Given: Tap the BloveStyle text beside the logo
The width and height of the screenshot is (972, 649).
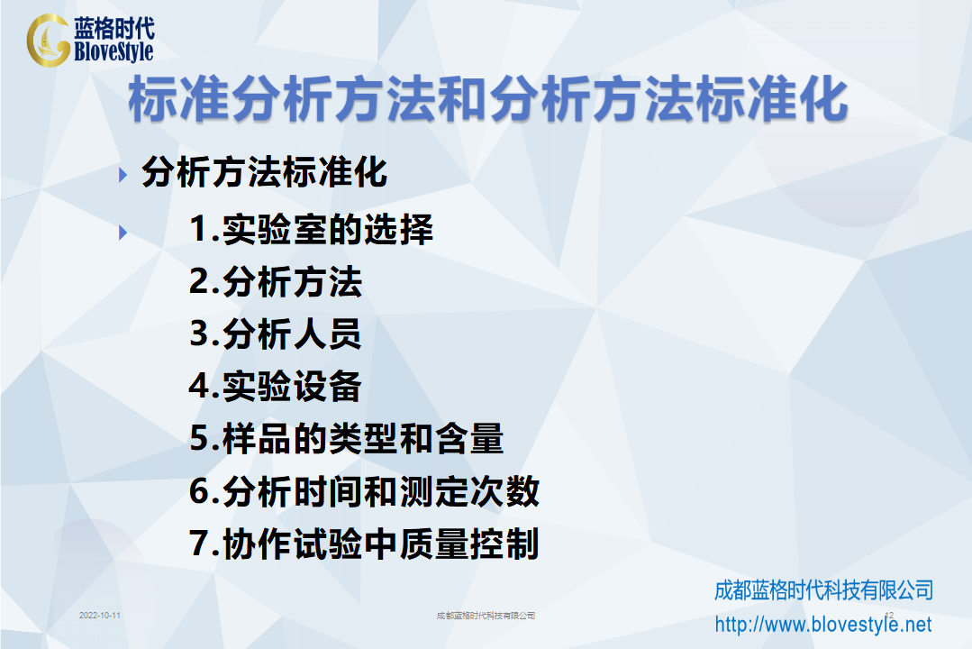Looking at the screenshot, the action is [114, 51].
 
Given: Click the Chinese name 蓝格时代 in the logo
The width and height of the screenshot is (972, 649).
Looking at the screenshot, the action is [114, 28].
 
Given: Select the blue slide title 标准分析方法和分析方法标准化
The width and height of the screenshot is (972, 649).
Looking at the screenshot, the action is [488, 98].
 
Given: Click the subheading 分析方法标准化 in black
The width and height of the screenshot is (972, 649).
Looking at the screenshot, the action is [265, 172].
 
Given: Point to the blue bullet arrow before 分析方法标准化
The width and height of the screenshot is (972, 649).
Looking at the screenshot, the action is [123, 175].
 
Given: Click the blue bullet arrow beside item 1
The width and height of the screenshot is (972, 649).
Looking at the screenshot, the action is [123, 233].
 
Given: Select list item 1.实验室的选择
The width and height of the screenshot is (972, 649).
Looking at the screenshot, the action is [311, 229].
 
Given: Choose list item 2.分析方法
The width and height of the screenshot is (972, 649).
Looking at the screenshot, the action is [276, 282].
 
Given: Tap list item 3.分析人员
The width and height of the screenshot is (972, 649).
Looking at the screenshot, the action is [276, 334].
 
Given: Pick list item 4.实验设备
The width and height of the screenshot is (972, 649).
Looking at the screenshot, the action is [276, 386].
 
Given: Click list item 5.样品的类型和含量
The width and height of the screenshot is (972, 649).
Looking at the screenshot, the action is [347, 439].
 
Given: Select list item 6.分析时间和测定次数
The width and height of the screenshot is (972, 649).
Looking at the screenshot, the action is [365, 491].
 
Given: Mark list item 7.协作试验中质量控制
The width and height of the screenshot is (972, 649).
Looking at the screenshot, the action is [365, 544].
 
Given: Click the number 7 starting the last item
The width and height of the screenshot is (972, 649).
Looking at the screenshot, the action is [200, 544].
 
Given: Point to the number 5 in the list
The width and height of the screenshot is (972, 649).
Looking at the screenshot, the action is [200, 439].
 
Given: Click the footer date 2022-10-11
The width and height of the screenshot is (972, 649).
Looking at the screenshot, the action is [100, 616].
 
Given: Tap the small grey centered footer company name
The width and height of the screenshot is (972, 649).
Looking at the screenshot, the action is [486, 616].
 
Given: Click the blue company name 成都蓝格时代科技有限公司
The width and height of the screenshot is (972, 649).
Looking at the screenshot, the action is [824, 590].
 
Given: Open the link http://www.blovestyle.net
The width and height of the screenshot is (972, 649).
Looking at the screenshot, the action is [823, 624].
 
